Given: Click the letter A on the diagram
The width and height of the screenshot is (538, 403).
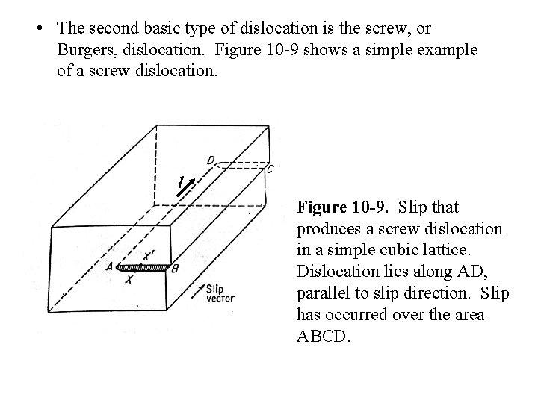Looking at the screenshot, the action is pos(110,266).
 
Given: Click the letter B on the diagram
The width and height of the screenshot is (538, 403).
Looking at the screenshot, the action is pos(175,269).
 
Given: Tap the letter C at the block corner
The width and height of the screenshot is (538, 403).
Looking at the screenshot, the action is pos(270,170).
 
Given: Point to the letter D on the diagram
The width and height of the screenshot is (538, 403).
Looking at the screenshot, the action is pos(211,160).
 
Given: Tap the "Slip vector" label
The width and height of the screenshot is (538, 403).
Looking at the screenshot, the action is pos(220,293).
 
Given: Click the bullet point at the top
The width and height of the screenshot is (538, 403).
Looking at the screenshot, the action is pos(37,29).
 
